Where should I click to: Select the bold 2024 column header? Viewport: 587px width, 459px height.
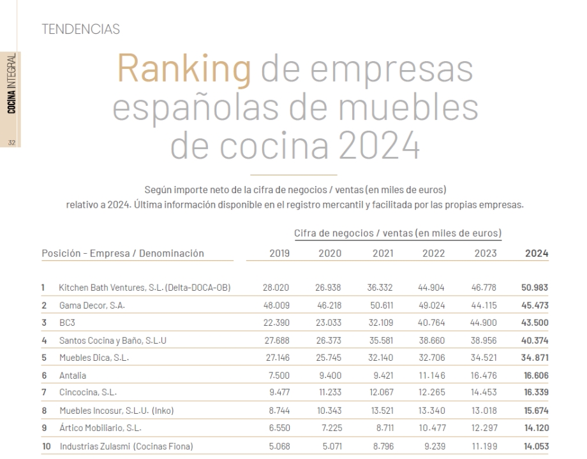(x=537, y=253)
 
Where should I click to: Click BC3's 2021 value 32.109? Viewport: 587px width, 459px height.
(x=380, y=323)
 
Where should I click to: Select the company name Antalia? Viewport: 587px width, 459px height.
(x=72, y=376)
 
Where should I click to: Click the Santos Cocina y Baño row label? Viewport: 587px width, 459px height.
(x=112, y=340)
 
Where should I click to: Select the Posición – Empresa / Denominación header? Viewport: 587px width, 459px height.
(x=123, y=253)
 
